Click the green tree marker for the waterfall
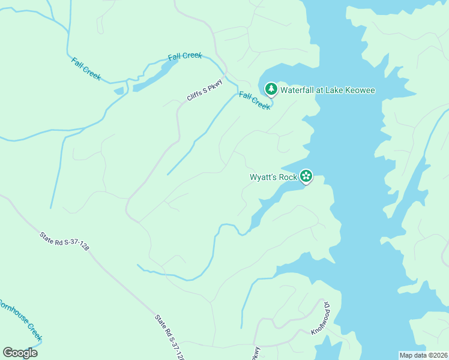pyautogui.click(x=271, y=90)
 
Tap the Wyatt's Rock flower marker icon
pyautogui.click(x=306, y=176)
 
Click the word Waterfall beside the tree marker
pyautogui.click(x=298, y=90)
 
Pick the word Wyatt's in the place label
pyautogui.click(x=265, y=177)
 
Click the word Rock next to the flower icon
pyautogui.click(x=289, y=177)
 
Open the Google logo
pyautogui.click(x=20, y=353)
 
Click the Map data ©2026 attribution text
pyautogui.click(x=423, y=355)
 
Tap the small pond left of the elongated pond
pyautogui.click(x=119, y=91)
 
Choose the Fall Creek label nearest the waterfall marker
pyautogui.click(x=255, y=100)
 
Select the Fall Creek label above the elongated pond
pyautogui.click(x=185, y=56)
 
